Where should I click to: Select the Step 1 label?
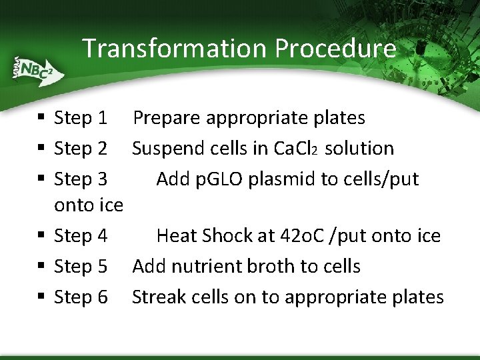[80, 118]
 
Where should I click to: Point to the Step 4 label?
[80, 236]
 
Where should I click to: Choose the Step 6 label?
[80, 297]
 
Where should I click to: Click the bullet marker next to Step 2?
[41, 149]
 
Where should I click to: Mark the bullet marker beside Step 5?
[41, 267]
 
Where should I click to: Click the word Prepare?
[167, 118]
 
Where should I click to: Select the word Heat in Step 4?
[177, 236]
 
